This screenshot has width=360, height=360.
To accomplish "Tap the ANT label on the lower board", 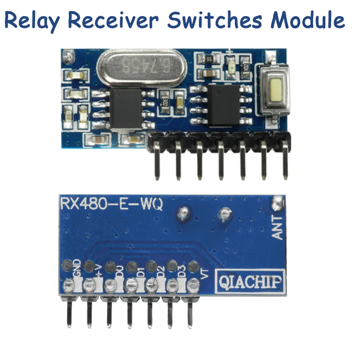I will point(278,227).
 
